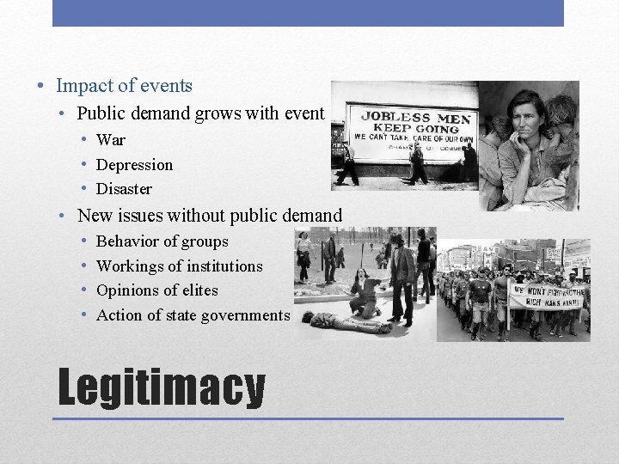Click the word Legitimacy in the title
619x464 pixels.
coord(161,388)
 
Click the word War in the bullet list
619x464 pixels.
coord(111,140)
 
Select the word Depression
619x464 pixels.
coord(134,164)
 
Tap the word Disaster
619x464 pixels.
coord(124,188)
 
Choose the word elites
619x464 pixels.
coord(199,290)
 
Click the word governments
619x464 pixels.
coord(244,315)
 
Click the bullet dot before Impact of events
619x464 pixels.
coord(40,86)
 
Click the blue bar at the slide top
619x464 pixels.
coord(308,13)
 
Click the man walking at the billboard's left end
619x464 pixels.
coord(347,163)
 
